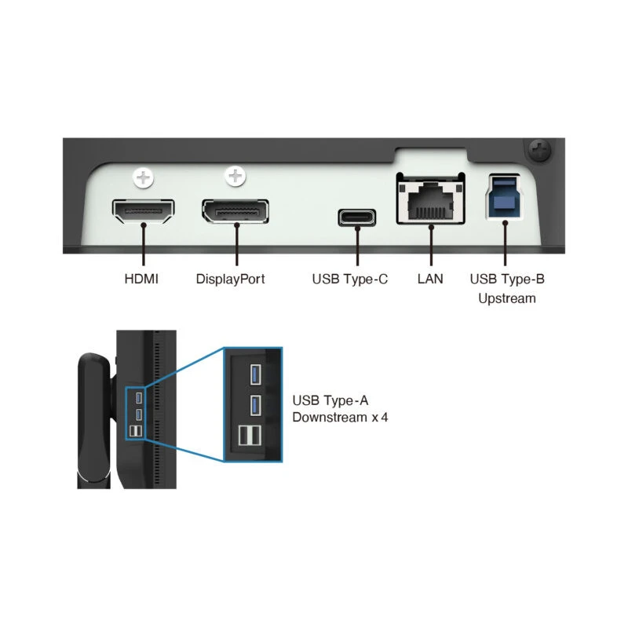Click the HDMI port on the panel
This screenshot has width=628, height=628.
tap(144, 210)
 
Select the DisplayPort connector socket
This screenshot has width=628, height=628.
tap(235, 211)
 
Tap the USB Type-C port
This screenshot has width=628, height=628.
tap(356, 216)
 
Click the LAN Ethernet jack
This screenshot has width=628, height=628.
tap(432, 203)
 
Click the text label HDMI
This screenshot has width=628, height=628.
tap(141, 279)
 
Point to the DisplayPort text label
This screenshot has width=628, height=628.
tap(231, 279)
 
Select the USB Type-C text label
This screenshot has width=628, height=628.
tap(350, 279)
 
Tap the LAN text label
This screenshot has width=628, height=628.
tap(430, 279)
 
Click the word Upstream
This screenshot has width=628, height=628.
tap(507, 298)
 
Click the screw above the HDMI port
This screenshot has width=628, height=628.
tap(143, 178)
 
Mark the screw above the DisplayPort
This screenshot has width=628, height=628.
tap(235, 177)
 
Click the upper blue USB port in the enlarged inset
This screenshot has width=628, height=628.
tap(255, 374)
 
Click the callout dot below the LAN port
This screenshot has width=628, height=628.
tap(432, 228)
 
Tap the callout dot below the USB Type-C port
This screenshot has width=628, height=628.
tap(356, 230)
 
